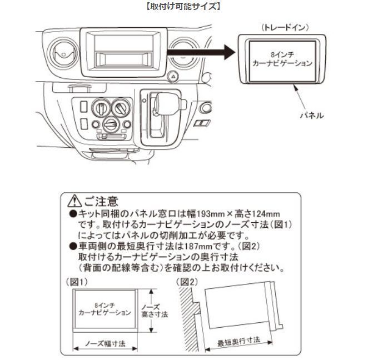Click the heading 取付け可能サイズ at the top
pyautogui.click(x=183, y=6)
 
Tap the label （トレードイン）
pyautogui.click(x=285, y=28)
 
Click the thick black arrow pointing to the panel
pyautogui.click(x=201, y=52)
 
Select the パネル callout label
pyautogui.click(x=312, y=116)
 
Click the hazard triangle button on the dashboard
pyautogui.click(x=173, y=76)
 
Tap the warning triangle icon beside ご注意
pyautogui.click(x=74, y=201)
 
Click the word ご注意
pyautogui.click(x=101, y=201)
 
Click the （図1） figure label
pyautogui.click(x=77, y=282)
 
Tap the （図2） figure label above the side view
pyautogui.click(x=187, y=282)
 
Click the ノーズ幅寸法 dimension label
pyautogui.click(x=105, y=344)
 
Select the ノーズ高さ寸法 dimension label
pyautogui.click(x=155, y=311)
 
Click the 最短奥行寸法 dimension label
pyautogui.click(x=238, y=342)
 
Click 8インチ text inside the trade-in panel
pyautogui.click(x=282, y=54)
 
